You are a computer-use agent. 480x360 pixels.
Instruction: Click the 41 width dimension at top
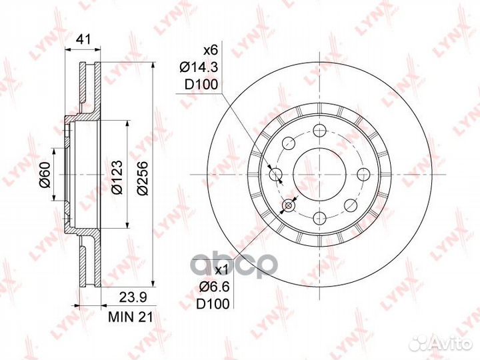pyautogui.click(x=83, y=39)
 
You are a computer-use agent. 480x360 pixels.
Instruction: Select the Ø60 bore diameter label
pyautogui.click(x=45, y=175)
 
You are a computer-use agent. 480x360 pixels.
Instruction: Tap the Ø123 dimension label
pyautogui.click(x=117, y=177)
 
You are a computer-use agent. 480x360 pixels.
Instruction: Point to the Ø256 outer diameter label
pyautogui.click(x=143, y=178)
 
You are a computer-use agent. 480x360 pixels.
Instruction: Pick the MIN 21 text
pyautogui.click(x=131, y=317)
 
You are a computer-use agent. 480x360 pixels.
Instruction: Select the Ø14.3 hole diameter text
pyautogui.click(x=199, y=67)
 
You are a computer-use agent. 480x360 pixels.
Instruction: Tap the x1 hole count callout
pyautogui.click(x=221, y=270)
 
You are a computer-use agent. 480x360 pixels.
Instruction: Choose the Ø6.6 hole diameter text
pyautogui.click(x=214, y=287)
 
